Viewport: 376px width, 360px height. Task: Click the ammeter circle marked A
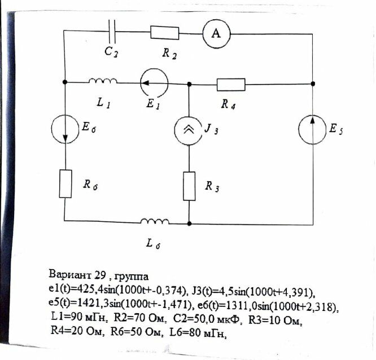pyautogui.click(x=216, y=34)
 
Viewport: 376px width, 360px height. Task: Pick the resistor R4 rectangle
pyautogui.click(x=231, y=85)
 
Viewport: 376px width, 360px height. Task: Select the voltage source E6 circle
pyautogui.click(x=65, y=130)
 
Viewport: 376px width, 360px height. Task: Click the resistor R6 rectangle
pyautogui.click(x=65, y=183)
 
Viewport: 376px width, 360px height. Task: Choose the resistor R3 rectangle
pyautogui.click(x=189, y=186)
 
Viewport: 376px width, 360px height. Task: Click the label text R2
pyautogui.click(x=168, y=53)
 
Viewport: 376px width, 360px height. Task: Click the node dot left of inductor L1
pyautogui.click(x=65, y=82)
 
